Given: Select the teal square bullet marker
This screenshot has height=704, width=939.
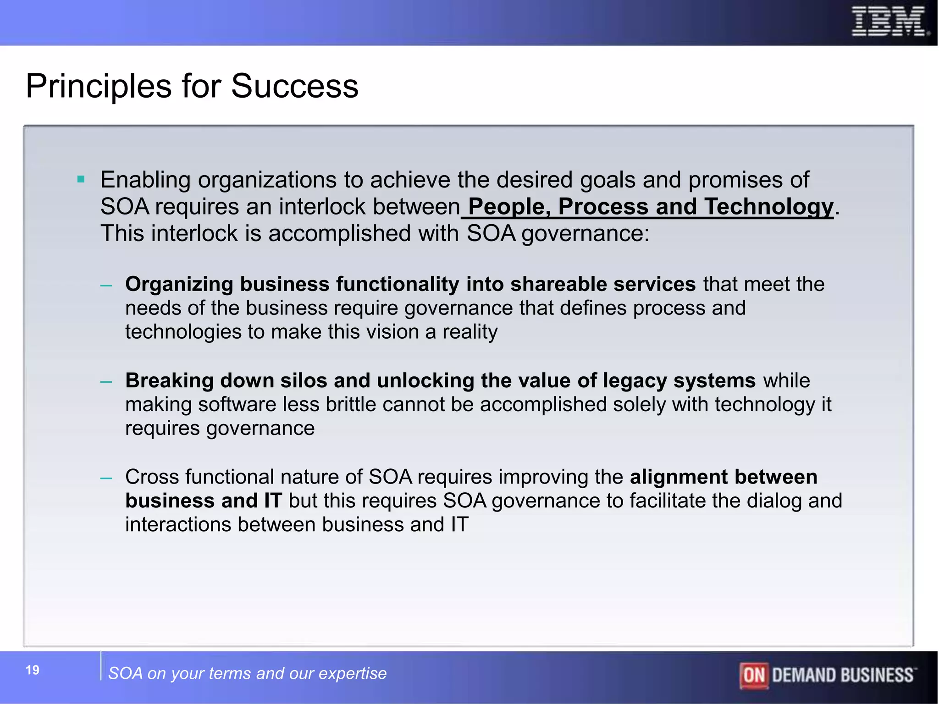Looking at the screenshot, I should point(81,179).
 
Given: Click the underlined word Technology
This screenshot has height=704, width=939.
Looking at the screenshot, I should point(768,207).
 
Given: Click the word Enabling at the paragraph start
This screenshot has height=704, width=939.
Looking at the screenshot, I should point(145,180).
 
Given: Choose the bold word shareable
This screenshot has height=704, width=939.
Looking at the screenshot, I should point(558,284).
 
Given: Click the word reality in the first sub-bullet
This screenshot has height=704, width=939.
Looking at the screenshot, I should point(470,332).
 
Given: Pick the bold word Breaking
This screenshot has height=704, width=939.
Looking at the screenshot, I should point(169,380).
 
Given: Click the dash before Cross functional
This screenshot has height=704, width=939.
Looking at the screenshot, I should point(106,478).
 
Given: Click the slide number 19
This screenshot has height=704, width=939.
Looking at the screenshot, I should point(33,670).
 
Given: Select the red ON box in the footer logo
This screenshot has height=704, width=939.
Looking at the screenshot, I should point(754,675).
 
